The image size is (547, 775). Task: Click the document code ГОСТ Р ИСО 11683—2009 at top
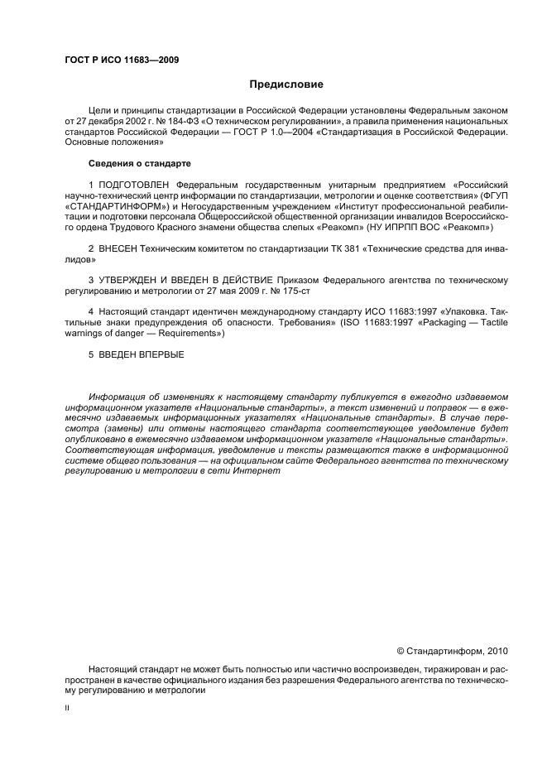pyautogui.click(x=122, y=60)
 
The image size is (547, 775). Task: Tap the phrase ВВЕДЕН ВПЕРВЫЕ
pyautogui.click(x=141, y=355)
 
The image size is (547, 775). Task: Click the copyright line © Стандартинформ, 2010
pyautogui.click(x=453, y=651)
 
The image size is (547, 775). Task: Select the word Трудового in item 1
pyautogui.click(x=137, y=227)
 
